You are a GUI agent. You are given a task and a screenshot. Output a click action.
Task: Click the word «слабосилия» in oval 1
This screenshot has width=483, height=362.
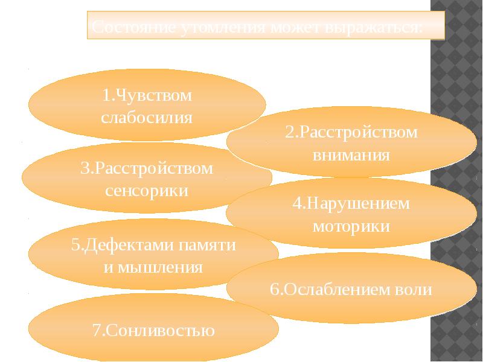[x=147, y=117]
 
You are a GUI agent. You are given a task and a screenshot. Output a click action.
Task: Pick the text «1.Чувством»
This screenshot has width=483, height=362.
[x=147, y=95]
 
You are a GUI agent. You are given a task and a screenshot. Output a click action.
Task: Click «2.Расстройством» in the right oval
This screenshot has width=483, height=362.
[x=351, y=132]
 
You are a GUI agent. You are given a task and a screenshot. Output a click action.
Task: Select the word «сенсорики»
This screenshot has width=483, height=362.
[x=147, y=191]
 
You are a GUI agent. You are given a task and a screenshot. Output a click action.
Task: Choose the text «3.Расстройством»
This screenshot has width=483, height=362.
[x=147, y=168]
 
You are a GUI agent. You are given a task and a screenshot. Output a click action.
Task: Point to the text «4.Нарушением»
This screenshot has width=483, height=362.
[x=351, y=203]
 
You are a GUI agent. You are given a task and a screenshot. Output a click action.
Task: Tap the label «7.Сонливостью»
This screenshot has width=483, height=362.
[x=153, y=331]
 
